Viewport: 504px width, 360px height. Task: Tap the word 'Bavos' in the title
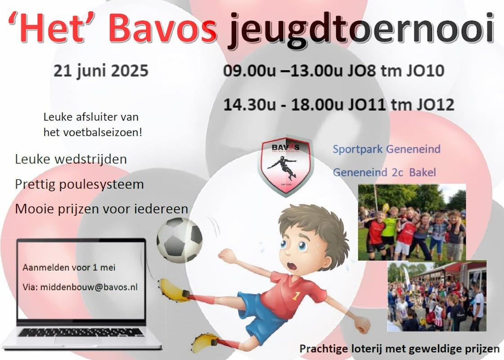(163, 28)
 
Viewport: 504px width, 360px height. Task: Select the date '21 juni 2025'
(101, 71)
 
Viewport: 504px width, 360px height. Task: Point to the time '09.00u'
(250, 71)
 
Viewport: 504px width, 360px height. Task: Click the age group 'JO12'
(436, 104)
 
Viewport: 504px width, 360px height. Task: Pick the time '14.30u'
(250, 104)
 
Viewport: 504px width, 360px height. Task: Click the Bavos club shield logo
(286, 166)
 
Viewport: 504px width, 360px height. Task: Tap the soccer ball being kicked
(179, 240)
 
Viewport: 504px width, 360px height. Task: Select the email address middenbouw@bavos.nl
(89, 287)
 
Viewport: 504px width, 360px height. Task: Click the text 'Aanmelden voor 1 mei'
(69, 268)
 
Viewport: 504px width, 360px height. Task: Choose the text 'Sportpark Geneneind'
(386, 149)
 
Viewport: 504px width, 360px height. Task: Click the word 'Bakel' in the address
(422, 172)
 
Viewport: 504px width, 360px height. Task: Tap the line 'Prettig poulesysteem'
(79, 184)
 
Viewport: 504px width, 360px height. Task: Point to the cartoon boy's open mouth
(292, 266)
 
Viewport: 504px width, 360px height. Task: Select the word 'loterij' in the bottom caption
(364, 348)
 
